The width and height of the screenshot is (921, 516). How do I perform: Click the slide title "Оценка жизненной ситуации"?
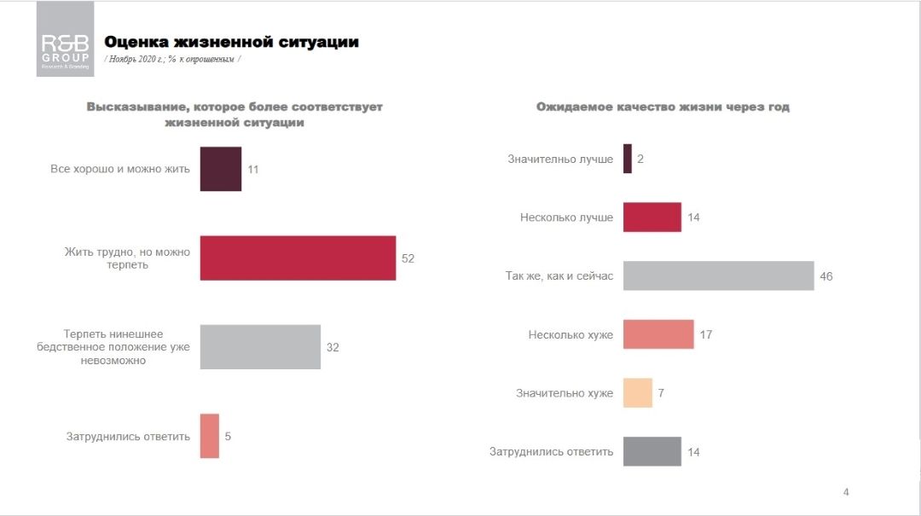click(231, 42)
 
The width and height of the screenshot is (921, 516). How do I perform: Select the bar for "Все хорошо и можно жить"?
click(221, 169)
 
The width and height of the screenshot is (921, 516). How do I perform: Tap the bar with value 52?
click(298, 258)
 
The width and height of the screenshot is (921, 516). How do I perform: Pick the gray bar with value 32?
click(260, 346)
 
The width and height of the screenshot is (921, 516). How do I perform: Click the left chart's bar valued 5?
click(210, 436)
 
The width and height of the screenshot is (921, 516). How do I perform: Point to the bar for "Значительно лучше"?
click(628, 159)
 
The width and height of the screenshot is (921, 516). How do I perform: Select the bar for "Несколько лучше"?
click(652, 217)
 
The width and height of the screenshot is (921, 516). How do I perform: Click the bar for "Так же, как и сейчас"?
click(718, 275)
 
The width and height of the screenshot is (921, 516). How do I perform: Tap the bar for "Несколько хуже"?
click(658, 334)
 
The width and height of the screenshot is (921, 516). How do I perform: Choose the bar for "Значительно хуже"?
click(638, 393)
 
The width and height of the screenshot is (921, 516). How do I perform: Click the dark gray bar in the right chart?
click(652, 451)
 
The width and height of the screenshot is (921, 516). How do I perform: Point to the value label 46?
click(825, 276)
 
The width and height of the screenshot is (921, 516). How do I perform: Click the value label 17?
click(705, 335)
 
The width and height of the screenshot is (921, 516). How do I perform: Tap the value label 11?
click(253, 170)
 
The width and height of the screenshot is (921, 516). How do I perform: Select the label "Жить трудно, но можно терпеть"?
click(128, 258)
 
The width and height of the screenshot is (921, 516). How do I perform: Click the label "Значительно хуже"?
click(564, 393)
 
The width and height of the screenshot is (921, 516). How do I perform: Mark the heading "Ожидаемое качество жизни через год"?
click(663, 107)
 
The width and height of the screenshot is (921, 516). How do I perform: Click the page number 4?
click(846, 491)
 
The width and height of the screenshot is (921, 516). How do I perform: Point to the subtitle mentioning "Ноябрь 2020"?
click(172, 59)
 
